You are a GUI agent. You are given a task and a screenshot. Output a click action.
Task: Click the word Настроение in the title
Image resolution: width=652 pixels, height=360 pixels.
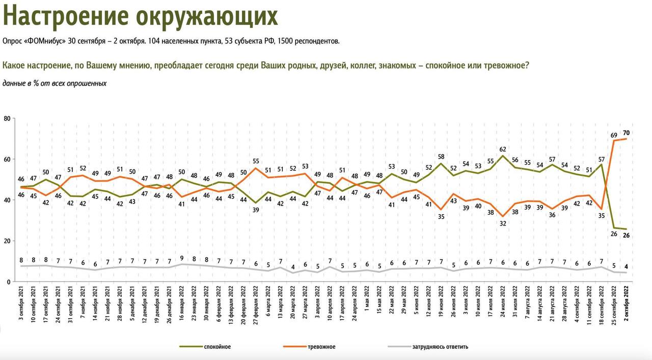pos(66,16)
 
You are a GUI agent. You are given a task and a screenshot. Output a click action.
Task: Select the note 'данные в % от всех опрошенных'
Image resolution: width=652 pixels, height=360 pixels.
pos(55,83)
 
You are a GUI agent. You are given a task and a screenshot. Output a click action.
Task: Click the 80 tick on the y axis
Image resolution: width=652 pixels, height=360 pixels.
pos(7,118)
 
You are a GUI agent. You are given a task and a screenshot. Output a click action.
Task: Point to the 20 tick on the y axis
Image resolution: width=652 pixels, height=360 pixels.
pos(7,241)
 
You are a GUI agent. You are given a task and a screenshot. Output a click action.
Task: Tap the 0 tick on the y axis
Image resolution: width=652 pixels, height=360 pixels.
pos(9,282)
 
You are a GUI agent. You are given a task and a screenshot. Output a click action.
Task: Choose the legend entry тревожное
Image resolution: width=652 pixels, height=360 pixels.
pos(321,347)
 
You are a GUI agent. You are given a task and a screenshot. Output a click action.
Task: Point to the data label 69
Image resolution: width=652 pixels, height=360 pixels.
pos(614,135)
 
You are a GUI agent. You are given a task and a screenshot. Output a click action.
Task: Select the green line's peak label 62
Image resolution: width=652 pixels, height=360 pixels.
pos(503,149)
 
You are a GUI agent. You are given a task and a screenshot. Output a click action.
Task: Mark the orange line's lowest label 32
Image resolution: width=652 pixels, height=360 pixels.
pos(503,223)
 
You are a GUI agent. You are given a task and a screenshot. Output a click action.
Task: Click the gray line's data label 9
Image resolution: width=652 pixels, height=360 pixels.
pos(182,258)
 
